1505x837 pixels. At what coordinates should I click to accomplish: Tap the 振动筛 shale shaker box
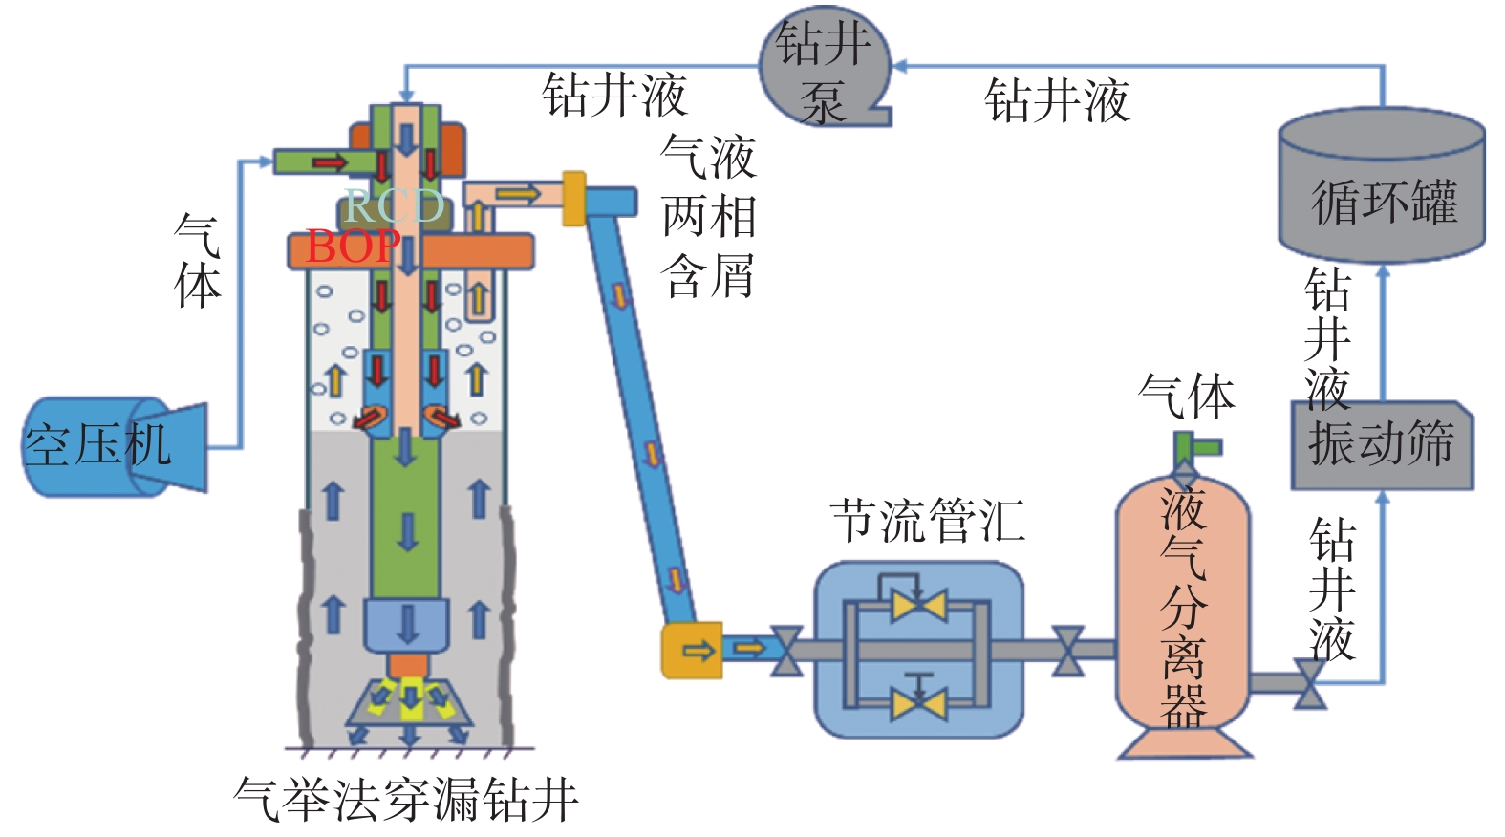[x=1382, y=445]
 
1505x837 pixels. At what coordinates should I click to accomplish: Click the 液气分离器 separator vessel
[x=1183, y=612]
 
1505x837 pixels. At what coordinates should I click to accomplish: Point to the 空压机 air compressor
[x=105, y=446]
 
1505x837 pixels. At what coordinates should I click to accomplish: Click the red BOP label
[x=352, y=247]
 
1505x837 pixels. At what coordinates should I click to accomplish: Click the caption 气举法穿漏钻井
[x=406, y=799]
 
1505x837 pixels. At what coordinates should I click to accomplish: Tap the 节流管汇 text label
[x=927, y=522]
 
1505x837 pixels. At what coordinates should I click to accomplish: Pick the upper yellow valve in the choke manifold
[x=918, y=606]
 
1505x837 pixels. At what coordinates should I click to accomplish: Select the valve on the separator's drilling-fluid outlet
[x=1308, y=682]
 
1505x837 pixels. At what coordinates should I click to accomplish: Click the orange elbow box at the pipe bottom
[x=692, y=651]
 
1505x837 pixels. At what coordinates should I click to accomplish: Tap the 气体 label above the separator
[x=1187, y=396]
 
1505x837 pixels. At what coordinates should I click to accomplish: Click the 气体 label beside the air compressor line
[x=198, y=260]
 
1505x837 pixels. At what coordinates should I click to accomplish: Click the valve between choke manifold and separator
[x=1067, y=651]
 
